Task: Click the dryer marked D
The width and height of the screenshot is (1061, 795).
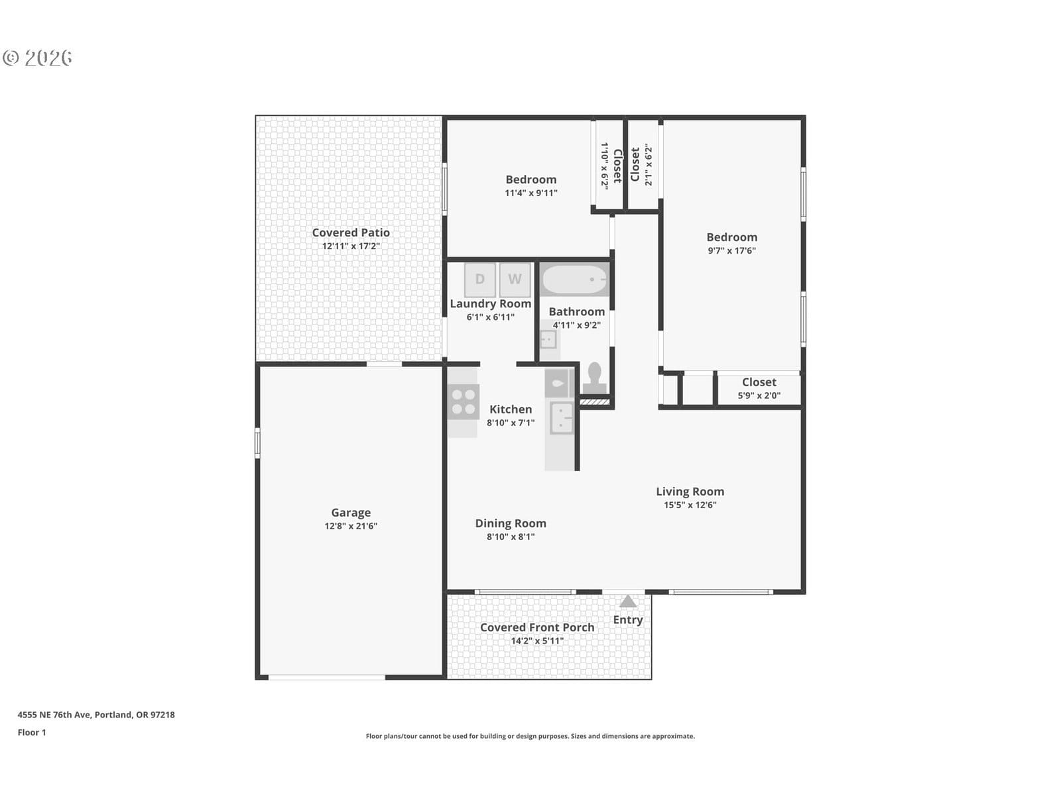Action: tap(479, 279)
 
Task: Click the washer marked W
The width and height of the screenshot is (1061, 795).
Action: tap(515, 279)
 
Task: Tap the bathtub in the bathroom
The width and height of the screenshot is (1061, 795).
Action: tap(574, 280)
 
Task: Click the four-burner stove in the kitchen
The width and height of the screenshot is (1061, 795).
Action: tap(463, 401)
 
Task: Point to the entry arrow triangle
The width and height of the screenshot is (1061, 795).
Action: tap(628, 601)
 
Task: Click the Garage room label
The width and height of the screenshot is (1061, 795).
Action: tap(351, 512)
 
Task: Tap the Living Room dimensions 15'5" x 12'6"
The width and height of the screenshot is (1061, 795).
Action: tap(690, 505)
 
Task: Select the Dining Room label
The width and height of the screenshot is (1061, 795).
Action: tap(511, 523)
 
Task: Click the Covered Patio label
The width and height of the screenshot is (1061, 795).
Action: tap(351, 233)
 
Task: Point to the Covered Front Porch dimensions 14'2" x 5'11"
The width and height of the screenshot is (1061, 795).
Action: tap(537, 641)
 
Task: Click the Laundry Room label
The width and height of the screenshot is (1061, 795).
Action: tap(490, 303)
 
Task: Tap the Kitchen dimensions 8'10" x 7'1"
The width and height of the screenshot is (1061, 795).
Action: tap(511, 423)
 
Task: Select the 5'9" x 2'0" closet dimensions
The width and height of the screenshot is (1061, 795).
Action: tap(759, 396)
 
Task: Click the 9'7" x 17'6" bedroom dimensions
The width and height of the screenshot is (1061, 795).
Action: tap(731, 250)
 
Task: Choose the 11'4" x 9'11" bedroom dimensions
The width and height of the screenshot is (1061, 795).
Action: tap(530, 193)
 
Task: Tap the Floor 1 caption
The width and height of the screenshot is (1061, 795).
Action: tap(32, 733)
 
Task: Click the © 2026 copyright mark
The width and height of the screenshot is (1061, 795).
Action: tap(37, 58)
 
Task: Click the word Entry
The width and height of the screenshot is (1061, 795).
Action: tap(628, 620)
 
